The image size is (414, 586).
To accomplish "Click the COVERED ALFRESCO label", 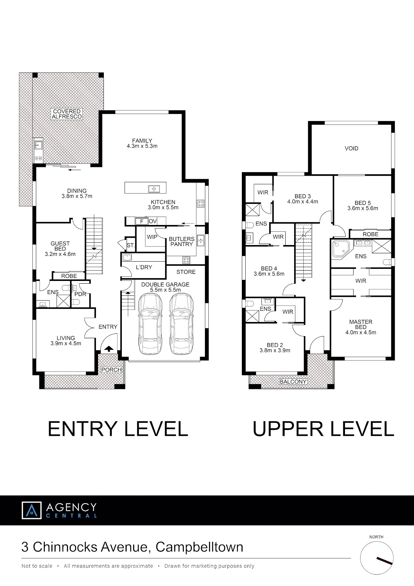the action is [x=67, y=114].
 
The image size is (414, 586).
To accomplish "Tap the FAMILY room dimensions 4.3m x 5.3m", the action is [x=142, y=146].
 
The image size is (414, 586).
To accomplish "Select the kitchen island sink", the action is [x=154, y=188].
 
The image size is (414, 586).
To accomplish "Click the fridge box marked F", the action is [x=141, y=221].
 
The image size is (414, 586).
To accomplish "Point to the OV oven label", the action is [x=153, y=221].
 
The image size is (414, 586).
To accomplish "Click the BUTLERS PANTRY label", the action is [x=181, y=242].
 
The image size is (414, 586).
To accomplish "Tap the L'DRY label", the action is [x=144, y=267].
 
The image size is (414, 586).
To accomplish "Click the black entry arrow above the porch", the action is [x=109, y=349].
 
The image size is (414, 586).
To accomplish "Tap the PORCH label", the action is [x=111, y=370].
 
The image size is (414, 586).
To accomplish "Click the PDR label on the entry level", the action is [x=80, y=294].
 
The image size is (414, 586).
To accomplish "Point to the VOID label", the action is [x=351, y=148].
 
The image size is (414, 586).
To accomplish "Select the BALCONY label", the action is [x=293, y=381].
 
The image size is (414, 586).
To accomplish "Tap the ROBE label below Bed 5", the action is [x=371, y=234].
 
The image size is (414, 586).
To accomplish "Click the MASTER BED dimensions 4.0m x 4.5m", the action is [x=361, y=332].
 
